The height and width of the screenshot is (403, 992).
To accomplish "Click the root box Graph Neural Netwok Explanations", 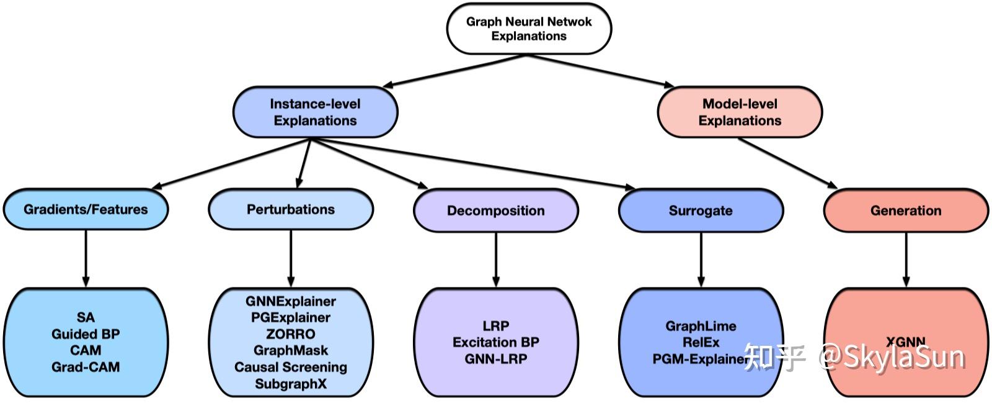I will (x=529, y=29).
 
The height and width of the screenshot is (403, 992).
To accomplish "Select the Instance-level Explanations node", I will (x=315, y=112).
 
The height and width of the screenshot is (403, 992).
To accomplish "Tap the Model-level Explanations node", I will (x=739, y=112).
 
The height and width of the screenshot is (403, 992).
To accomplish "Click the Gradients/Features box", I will (x=86, y=209).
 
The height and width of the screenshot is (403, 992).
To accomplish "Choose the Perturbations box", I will (x=290, y=209).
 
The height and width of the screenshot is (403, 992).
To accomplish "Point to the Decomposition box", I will (x=495, y=211).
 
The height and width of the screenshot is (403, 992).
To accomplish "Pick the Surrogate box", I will (x=701, y=211).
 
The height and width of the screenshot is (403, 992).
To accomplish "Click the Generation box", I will (x=905, y=211).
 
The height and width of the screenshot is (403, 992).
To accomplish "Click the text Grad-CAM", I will (x=86, y=367).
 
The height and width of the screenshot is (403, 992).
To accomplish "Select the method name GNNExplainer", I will (x=290, y=301).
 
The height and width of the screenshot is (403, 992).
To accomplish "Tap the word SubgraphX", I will (x=290, y=384).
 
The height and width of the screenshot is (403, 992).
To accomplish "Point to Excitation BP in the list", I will (x=495, y=342).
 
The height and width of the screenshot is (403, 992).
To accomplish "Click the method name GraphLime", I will (x=701, y=326).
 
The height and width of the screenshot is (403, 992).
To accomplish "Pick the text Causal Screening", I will (x=290, y=367).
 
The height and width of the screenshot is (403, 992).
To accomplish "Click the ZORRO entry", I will (x=290, y=334).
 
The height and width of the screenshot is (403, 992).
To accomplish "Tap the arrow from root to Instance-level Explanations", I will (x=456, y=70).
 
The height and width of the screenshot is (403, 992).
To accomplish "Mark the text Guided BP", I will (x=86, y=334).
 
